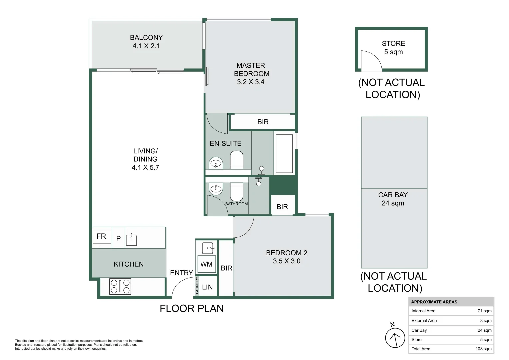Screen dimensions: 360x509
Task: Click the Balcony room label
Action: (x=146, y=38)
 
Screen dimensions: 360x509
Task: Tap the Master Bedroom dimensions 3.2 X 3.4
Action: (x=250, y=82)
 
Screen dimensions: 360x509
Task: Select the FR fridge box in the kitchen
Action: (x=102, y=237)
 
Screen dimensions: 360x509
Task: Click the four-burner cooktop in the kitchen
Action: (x=120, y=286)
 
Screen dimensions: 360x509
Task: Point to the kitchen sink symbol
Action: (x=131, y=240)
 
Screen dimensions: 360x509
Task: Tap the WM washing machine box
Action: (x=206, y=264)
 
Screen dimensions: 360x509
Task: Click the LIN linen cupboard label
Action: (x=207, y=287)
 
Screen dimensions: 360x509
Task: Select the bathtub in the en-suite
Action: (x=284, y=153)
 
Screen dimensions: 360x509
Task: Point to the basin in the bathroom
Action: (x=216, y=189)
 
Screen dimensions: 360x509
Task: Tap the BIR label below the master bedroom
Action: (x=263, y=122)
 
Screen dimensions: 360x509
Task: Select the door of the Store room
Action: (x=371, y=61)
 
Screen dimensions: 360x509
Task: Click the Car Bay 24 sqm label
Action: (x=393, y=199)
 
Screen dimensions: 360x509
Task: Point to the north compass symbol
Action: (x=395, y=337)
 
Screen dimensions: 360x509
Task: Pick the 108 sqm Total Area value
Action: (x=483, y=349)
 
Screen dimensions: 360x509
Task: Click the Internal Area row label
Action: (x=423, y=311)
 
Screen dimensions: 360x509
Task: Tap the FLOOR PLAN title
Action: (x=191, y=309)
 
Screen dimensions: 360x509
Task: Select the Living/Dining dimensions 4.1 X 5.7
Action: (x=145, y=168)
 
